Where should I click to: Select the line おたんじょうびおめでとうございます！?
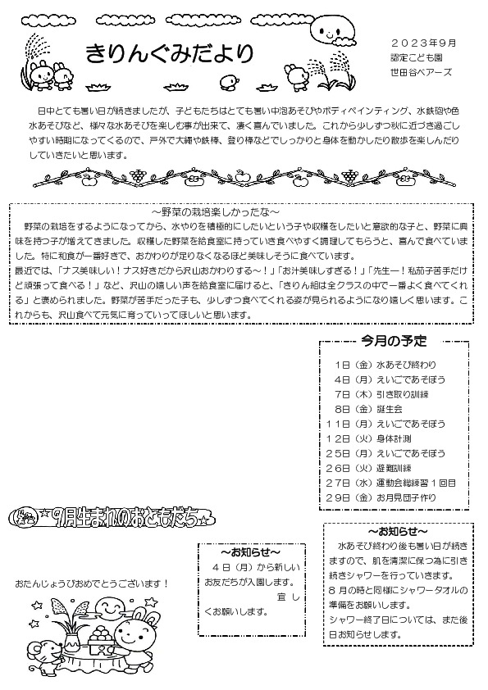point(92,583)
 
